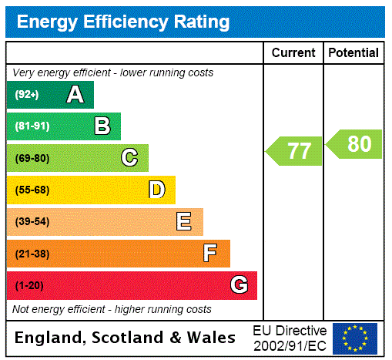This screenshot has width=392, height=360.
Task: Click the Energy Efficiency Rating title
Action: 123,22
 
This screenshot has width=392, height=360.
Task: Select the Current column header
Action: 293,53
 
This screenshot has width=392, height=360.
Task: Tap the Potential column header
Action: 353,53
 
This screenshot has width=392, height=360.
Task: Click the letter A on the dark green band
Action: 75,95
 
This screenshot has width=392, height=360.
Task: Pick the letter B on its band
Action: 102,126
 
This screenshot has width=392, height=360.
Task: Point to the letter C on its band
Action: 129,158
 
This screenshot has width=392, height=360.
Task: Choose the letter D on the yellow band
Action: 156,190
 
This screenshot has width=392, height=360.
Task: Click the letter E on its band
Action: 184,222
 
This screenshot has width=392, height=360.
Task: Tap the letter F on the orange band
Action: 210,254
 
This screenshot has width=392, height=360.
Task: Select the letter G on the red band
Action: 239,285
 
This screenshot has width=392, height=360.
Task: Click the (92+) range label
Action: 27,95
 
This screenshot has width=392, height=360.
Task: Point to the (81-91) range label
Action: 32,126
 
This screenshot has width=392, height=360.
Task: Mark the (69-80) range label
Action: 32,158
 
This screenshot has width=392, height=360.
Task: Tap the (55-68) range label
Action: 32,190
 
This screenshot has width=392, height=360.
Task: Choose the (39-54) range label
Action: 32,222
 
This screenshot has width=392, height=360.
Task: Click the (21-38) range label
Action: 32,254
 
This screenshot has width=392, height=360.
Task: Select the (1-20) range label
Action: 29,286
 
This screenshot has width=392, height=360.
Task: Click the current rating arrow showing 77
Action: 295,150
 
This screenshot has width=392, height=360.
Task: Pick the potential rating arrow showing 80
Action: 355,144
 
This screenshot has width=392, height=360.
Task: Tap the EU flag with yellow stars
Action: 355,338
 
